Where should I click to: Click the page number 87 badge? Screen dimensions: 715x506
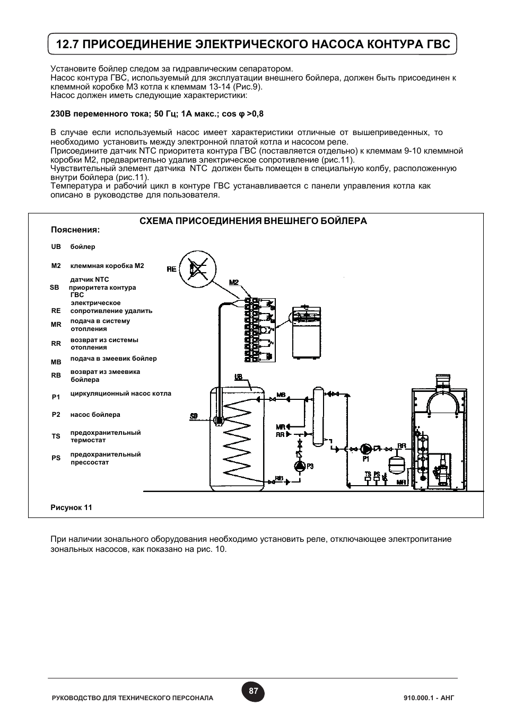point(253,691)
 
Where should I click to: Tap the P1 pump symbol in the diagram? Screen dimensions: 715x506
point(366,449)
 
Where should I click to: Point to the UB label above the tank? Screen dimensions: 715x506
point(238,377)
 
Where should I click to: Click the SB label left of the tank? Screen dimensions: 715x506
point(194,416)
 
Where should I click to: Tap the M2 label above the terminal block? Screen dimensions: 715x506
point(234,282)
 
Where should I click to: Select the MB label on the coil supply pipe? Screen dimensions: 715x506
point(281,395)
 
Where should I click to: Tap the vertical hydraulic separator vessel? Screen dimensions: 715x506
point(318,415)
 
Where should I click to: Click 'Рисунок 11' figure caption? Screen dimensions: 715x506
point(71,507)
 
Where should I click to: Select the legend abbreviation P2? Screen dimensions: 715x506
point(56,415)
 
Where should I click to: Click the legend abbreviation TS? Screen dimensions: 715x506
point(56,436)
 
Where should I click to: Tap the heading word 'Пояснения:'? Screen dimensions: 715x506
point(75,230)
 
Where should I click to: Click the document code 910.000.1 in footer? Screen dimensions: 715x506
point(418,698)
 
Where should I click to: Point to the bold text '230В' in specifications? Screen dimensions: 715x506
point(60,114)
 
